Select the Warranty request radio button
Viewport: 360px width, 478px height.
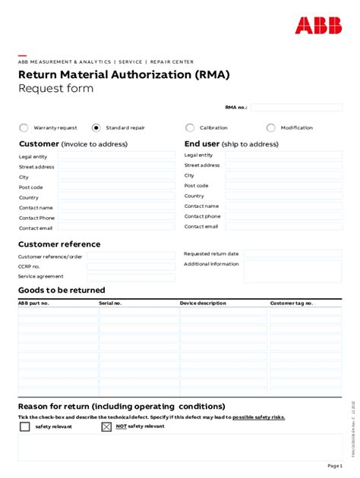coord(24,128)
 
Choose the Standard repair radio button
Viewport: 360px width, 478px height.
coord(96,128)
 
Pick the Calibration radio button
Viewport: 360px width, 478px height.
coord(190,128)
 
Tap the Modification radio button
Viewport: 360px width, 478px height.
coord(271,128)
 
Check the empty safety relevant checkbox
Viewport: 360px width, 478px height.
coord(25,426)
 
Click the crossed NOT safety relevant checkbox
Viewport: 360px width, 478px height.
coord(106,426)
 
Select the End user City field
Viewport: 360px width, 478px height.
coord(283,175)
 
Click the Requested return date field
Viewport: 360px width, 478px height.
coord(292,253)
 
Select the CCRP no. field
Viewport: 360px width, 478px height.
coord(130,266)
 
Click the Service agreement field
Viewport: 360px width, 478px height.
coord(130,277)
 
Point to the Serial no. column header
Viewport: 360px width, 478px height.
coord(110,303)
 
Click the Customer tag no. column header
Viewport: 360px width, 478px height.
coord(292,303)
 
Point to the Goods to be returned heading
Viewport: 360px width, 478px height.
coord(62,291)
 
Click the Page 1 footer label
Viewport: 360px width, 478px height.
coord(335,465)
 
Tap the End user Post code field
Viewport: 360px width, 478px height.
coord(283,185)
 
